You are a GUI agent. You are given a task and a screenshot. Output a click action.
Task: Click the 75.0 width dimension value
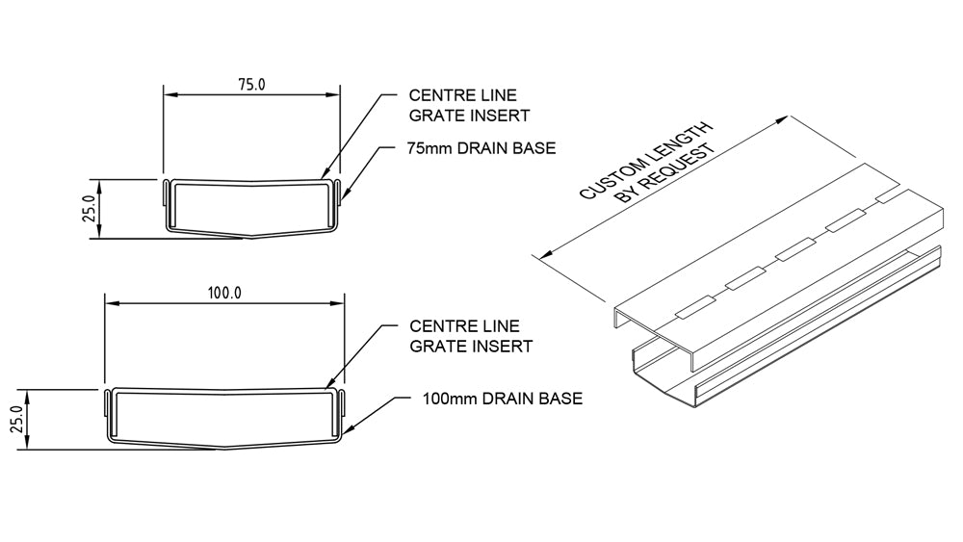coord(251,84)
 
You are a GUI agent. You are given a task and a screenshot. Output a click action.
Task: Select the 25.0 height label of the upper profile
coord(89,209)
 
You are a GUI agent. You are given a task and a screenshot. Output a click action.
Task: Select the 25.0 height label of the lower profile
coord(16,421)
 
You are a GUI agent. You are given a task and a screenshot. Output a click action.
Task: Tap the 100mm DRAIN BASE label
coord(502,398)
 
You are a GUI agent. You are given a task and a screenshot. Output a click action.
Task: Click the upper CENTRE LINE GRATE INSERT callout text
coord(463,105)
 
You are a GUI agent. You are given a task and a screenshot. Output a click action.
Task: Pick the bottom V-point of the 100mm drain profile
coord(224,447)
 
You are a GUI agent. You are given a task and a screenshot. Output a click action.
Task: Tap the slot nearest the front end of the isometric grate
coord(693,309)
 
